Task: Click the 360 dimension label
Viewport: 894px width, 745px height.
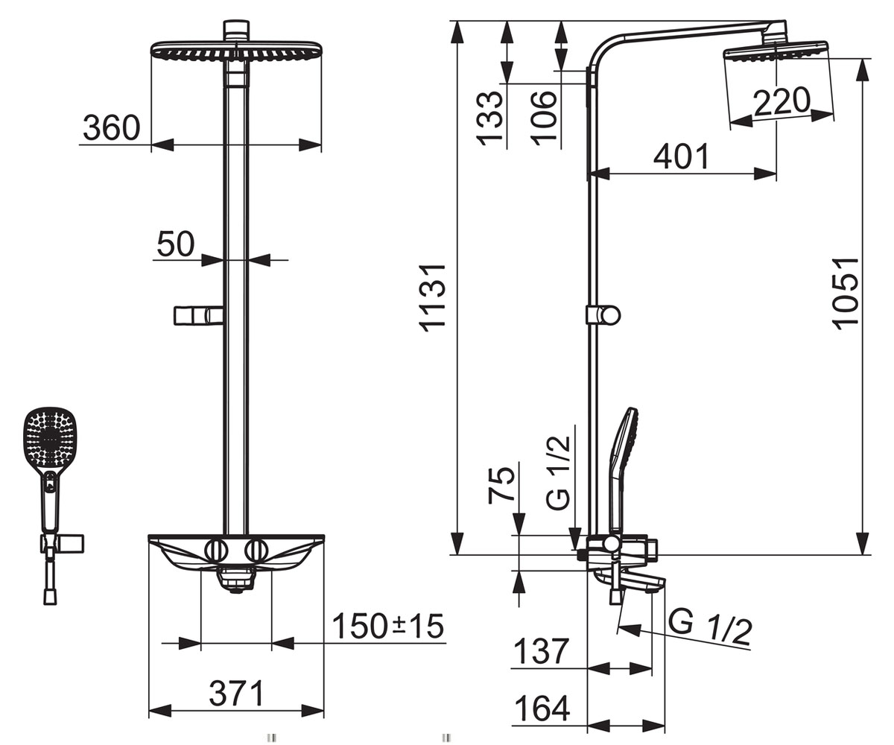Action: tap(111, 127)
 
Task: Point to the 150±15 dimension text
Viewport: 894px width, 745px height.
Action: tap(388, 626)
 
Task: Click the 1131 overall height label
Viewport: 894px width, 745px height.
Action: tap(433, 299)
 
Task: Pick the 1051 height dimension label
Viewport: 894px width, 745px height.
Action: tap(846, 294)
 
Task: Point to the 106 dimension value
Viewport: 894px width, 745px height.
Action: tap(544, 118)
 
